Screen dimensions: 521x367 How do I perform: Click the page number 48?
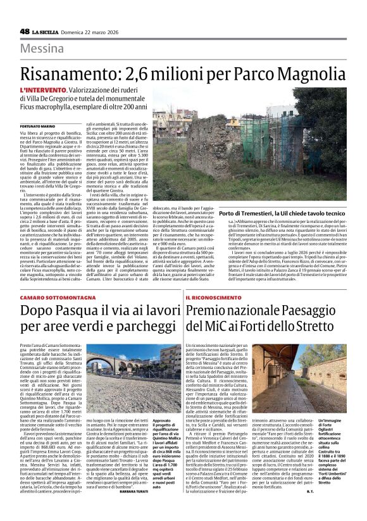pyautogui.click(x=25, y=31)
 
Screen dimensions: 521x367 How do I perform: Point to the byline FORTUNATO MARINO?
pyautogui.click(x=37, y=127)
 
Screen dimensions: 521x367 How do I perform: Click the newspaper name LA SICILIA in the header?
pyautogui.click(x=48, y=32)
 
